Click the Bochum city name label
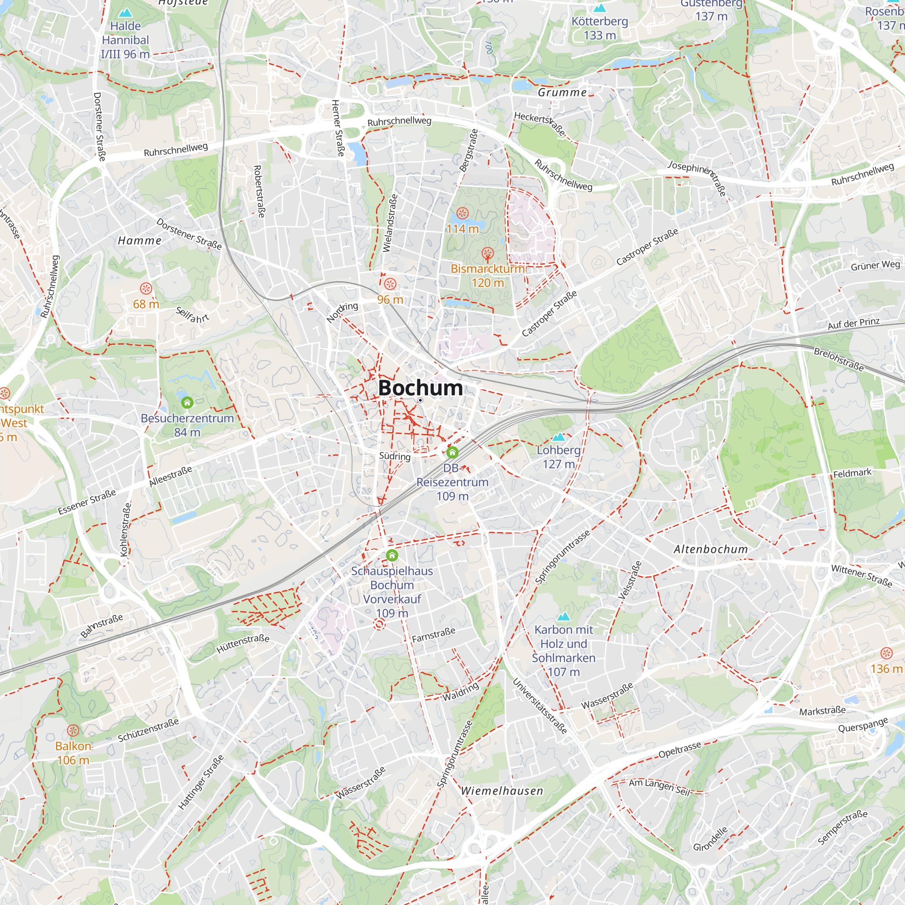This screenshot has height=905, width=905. pos(420,388)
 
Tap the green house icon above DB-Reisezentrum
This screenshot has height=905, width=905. pos(452,452)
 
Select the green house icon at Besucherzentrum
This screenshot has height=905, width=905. pos(187,402)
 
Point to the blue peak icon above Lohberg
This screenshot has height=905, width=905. pos(558,437)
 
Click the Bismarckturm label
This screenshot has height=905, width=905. pos(487,269)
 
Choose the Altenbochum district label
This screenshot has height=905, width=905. pos(710,549)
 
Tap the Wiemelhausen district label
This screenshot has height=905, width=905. pos(502,791)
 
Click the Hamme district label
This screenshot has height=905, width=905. pos(139,241)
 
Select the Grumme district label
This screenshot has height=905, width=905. pos(562,92)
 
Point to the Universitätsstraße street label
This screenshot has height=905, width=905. pos(540,706)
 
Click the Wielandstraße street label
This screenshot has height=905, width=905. pos(390,224)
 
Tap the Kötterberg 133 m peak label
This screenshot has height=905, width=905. pos(600,28)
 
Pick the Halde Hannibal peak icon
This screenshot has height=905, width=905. pos(125,13)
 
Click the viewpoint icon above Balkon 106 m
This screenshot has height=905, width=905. pos(73,730)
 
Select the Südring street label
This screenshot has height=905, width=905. pos(395,456)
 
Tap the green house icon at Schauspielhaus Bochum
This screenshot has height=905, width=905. pos(392,556)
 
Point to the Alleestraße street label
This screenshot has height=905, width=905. pos(171,476)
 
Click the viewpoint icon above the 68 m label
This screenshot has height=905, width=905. pos(146,288)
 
